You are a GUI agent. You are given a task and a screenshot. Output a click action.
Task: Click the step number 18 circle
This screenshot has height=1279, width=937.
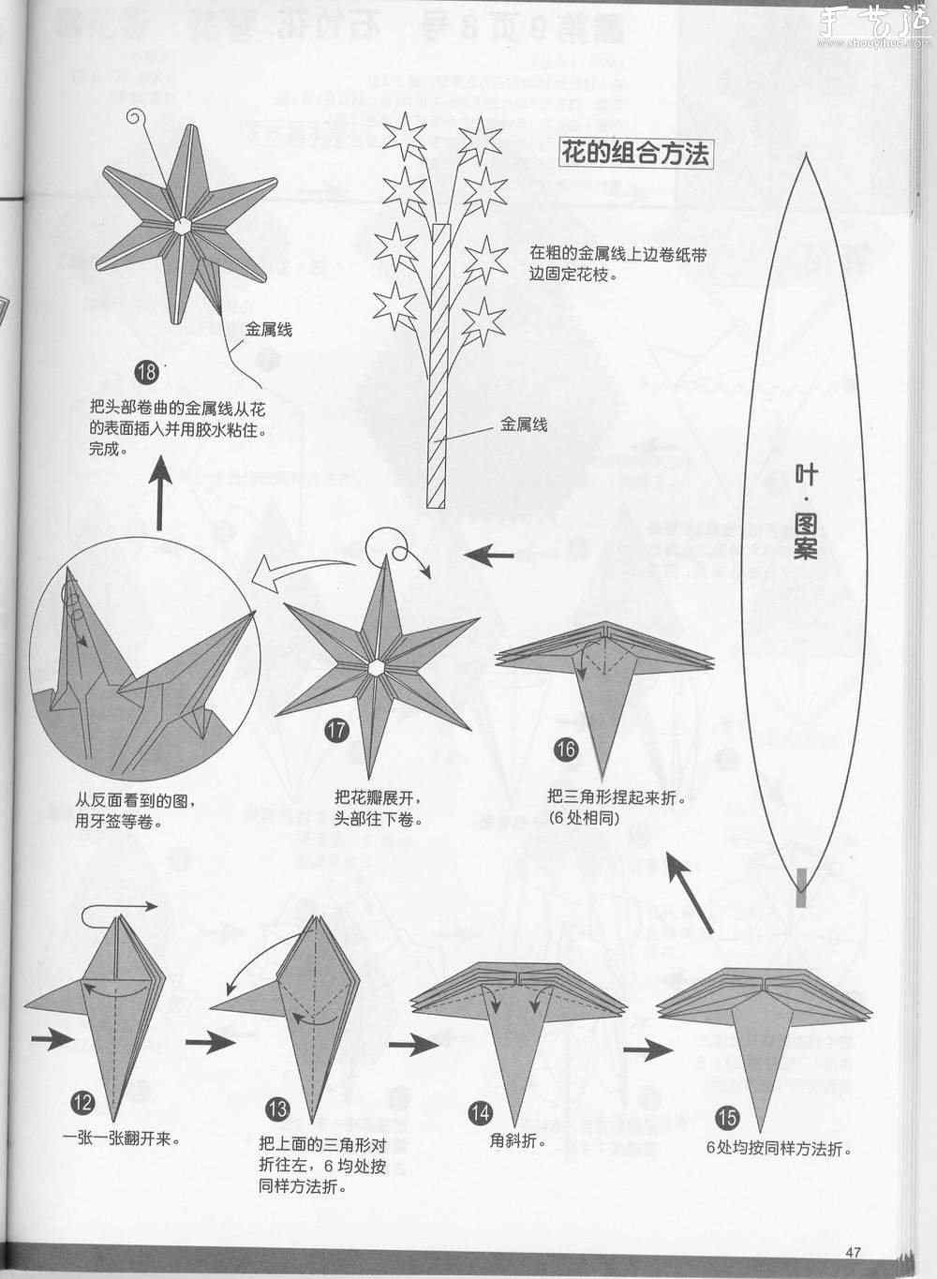[146, 373]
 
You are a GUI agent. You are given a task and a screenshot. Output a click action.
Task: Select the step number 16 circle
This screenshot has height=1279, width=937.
[565, 750]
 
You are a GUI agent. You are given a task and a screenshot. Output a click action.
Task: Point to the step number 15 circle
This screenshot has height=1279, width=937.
[727, 1117]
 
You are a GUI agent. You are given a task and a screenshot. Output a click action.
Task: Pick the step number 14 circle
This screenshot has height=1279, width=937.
[480, 1113]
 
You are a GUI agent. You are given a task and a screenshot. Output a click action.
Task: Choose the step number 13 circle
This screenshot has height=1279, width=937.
[278, 1111]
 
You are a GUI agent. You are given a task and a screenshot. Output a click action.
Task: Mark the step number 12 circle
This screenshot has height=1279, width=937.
[82, 1102]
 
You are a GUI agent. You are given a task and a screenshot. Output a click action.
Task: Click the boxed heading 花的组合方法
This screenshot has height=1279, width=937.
[634, 153]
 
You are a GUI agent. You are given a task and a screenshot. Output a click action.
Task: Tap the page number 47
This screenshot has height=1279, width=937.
[852, 1252]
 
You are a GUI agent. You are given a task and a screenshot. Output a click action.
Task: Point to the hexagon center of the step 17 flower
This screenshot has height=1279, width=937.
[377, 667]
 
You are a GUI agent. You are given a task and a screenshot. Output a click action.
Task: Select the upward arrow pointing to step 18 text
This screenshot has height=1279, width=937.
[162, 496]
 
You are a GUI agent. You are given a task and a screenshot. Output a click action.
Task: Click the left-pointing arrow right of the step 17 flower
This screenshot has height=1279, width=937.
[489, 556]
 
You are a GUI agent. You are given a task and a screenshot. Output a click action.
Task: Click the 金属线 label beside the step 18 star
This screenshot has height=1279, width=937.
[269, 330]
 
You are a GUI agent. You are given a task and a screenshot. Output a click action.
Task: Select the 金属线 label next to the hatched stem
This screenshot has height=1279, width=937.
[524, 424]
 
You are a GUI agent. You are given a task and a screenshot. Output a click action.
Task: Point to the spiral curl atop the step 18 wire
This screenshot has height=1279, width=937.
[139, 119]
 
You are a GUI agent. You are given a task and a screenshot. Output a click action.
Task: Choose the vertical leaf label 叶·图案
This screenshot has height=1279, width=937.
[805, 512]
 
